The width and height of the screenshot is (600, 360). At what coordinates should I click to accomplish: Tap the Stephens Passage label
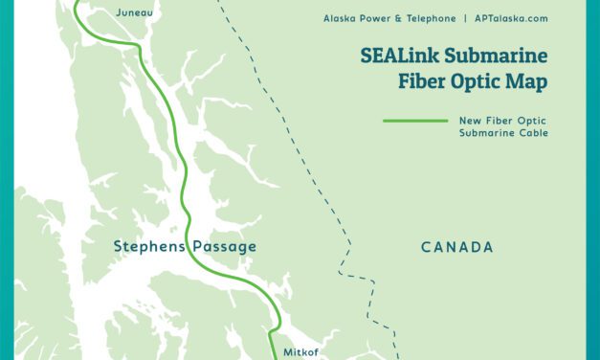click(x=185, y=247)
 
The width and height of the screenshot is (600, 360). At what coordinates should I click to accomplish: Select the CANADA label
click(x=457, y=247)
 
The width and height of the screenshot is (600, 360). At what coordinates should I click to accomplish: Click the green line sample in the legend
click(x=414, y=122)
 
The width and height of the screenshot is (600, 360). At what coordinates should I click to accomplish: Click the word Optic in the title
click(x=478, y=82)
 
